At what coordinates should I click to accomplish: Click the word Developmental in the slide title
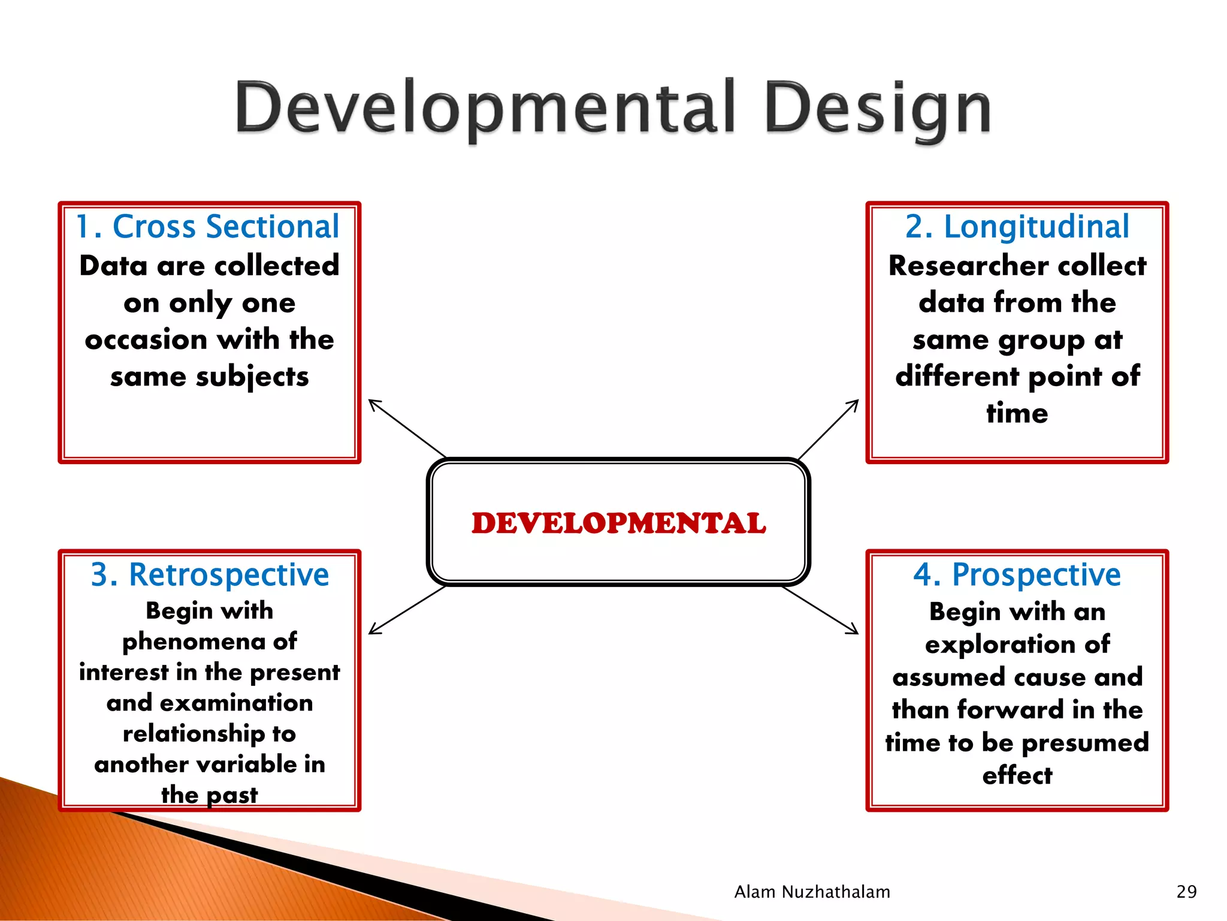pyautogui.click(x=484, y=108)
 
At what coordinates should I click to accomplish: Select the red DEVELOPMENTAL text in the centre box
pyautogui.click(x=618, y=523)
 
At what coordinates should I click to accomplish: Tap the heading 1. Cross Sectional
pyautogui.click(x=208, y=227)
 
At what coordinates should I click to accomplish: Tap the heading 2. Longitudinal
pyautogui.click(x=1017, y=227)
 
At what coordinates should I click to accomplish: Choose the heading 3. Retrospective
pyautogui.click(x=210, y=574)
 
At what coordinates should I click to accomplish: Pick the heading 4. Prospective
pyautogui.click(x=1017, y=574)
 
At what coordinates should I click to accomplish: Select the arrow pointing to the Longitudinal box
pyautogui.click(x=829, y=429)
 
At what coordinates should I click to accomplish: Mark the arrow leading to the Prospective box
pyautogui.click(x=821, y=610)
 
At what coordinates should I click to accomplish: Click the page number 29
pyautogui.click(x=1186, y=892)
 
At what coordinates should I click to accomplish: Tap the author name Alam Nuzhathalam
pyautogui.click(x=812, y=892)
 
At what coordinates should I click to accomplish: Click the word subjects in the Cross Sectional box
pyautogui.click(x=252, y=377)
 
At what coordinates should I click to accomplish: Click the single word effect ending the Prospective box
pyautogui.click(x=1017, y=775)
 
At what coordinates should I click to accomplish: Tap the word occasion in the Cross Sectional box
pyautogui.click(x=146, y=340)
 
